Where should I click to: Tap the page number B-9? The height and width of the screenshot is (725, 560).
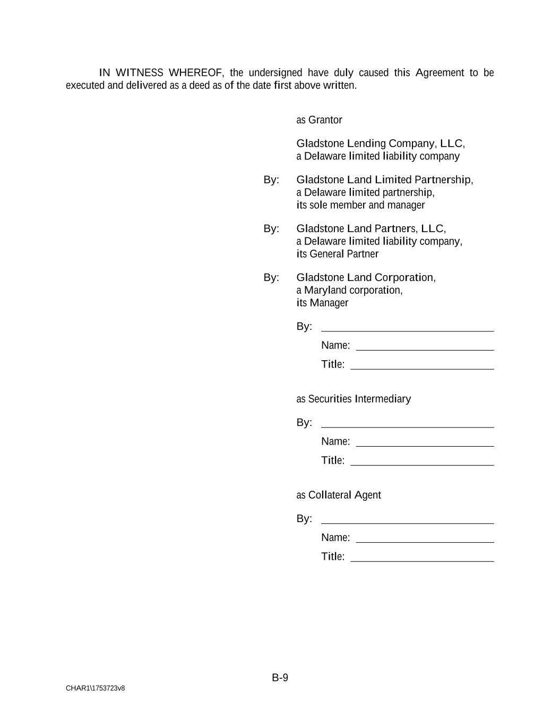point(280,677)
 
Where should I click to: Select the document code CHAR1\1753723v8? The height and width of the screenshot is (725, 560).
point(96,688)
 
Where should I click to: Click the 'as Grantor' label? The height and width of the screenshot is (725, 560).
point(319,120)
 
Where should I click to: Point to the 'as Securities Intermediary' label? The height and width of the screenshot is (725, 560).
point(354,399)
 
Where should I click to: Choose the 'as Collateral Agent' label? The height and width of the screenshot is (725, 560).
point(339,495)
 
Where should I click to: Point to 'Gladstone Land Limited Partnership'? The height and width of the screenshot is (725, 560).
point(384,180)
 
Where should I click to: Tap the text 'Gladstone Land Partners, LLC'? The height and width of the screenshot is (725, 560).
point(370,228)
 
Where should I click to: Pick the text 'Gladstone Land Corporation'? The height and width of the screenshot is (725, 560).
point(365,277)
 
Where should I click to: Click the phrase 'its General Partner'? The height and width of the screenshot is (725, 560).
point(338,254)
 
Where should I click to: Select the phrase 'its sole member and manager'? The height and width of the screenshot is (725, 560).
point(361,205)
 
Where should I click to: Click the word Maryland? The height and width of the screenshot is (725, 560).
point(325,290)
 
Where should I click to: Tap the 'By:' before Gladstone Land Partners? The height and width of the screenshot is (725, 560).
point(271,228)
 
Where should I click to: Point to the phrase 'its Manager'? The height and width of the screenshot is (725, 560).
point(322,303)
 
